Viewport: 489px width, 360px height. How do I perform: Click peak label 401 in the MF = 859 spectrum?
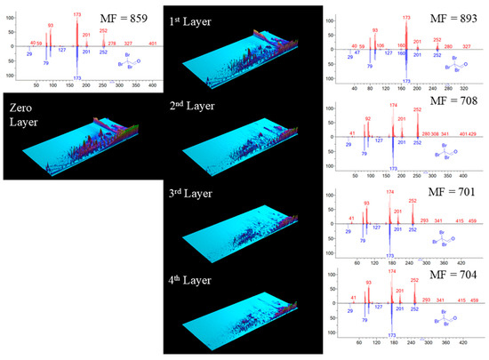tap(153, 43)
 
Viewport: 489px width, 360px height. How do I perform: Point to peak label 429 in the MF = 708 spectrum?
tap(470, 133)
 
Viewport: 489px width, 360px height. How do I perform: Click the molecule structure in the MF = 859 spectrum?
tap(132, 62)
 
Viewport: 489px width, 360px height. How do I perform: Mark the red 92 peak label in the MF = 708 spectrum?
tap(368, 117)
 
